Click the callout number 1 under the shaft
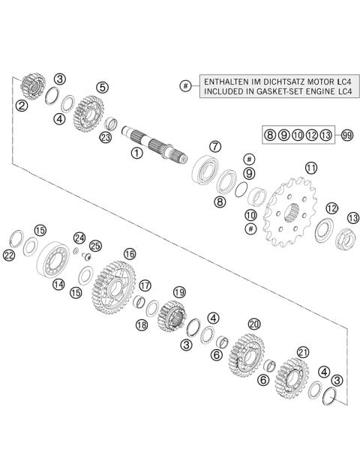(136, 153)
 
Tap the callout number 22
(9, 256)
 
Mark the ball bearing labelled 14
(56, 258)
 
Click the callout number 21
(303, 351)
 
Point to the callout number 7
(214, 146)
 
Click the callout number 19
(178, 292)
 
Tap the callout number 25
(94, 246)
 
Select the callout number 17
(145, 285)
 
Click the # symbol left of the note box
(185, 85)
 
